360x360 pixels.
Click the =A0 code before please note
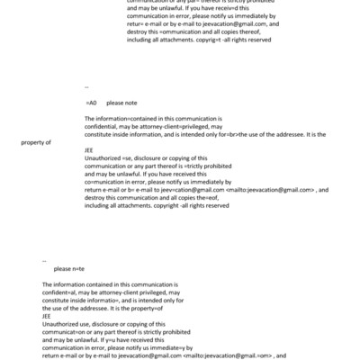coord(91,103)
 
